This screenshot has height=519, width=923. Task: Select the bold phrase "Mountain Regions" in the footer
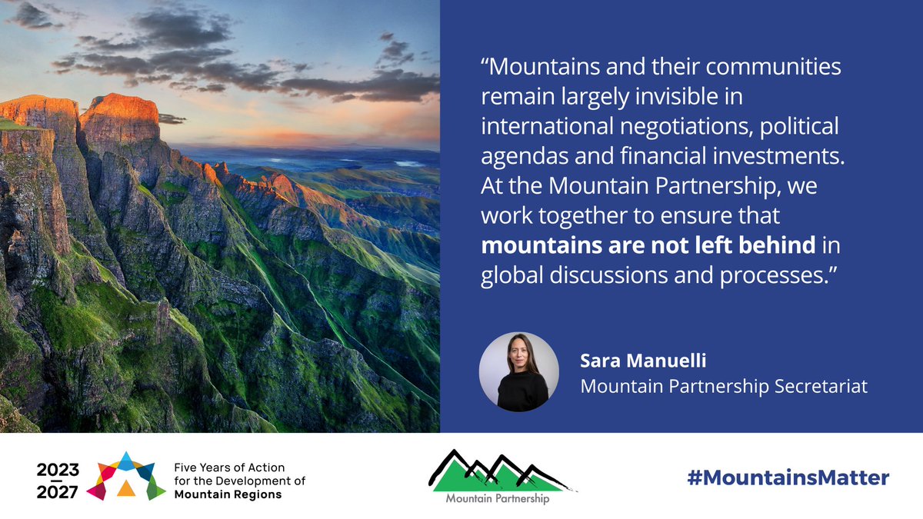pyautogui.click(x=228, y=494)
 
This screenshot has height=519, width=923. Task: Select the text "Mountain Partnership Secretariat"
pyautogui.click(x=724, y=385)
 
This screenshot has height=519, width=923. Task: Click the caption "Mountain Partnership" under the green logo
pyautogui.click(x=498, y=498)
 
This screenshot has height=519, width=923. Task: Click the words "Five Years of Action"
pyautogui.click(x=219, y=467)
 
